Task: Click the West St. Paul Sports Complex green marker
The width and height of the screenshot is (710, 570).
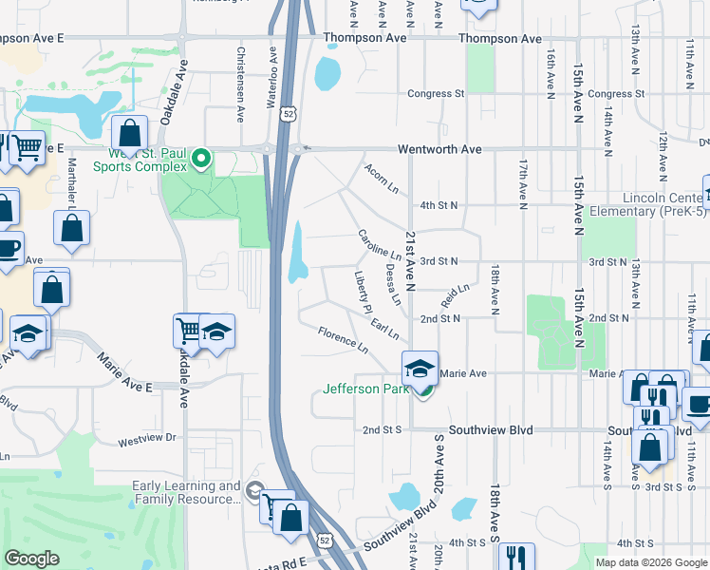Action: coord(200,158)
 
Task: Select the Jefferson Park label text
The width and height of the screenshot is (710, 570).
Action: coord(364,389)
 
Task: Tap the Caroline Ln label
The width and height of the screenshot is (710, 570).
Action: coord(380,244)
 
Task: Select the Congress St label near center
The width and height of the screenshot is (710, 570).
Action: coord(436,94)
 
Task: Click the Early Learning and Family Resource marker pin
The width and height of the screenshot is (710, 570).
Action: coord(253,490)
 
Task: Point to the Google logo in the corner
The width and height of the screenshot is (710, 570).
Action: coord(32,559)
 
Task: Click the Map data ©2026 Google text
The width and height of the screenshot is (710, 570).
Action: coord(650,562)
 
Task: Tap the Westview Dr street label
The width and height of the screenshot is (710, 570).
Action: coord(147,439)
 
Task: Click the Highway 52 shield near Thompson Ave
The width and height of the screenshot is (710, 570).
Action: coord(289,114)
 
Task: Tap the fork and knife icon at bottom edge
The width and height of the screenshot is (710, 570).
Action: coord(515,557)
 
